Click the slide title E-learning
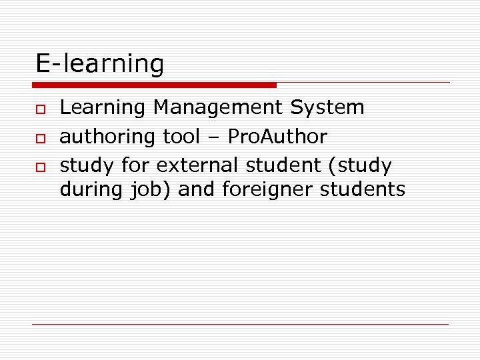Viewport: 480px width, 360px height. point(99,64)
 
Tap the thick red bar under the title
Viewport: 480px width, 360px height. point(154,85)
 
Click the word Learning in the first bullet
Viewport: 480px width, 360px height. point(103,108)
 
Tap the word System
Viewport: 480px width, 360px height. point(335,108)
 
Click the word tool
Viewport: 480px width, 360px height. point(181,137)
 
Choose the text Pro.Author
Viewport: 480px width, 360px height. point(277,137)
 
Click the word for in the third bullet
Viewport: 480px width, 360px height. point(137,165)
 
